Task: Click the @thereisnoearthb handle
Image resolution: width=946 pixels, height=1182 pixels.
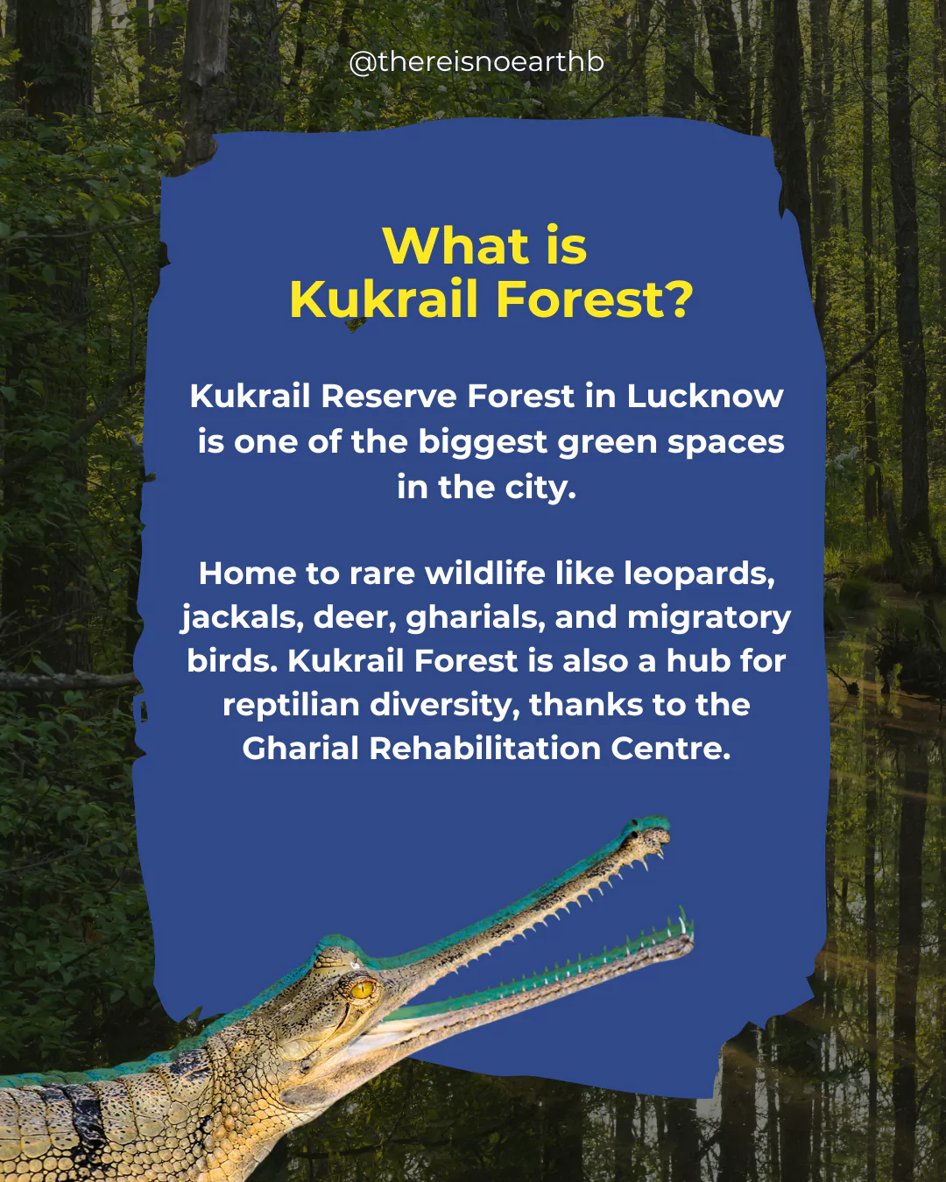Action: tap(477, 61)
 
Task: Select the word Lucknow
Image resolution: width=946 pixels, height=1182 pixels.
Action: tap(705, 396)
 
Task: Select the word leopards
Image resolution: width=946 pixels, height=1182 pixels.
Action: tap(699, 574)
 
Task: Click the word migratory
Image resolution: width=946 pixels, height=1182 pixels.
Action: tap(709, 618)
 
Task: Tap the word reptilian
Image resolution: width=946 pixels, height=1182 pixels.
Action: tap(291, 705)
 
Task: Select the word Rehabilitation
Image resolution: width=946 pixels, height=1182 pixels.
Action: tap(484, 749)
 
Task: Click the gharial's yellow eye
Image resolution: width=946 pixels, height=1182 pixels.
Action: tap(362, 990)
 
